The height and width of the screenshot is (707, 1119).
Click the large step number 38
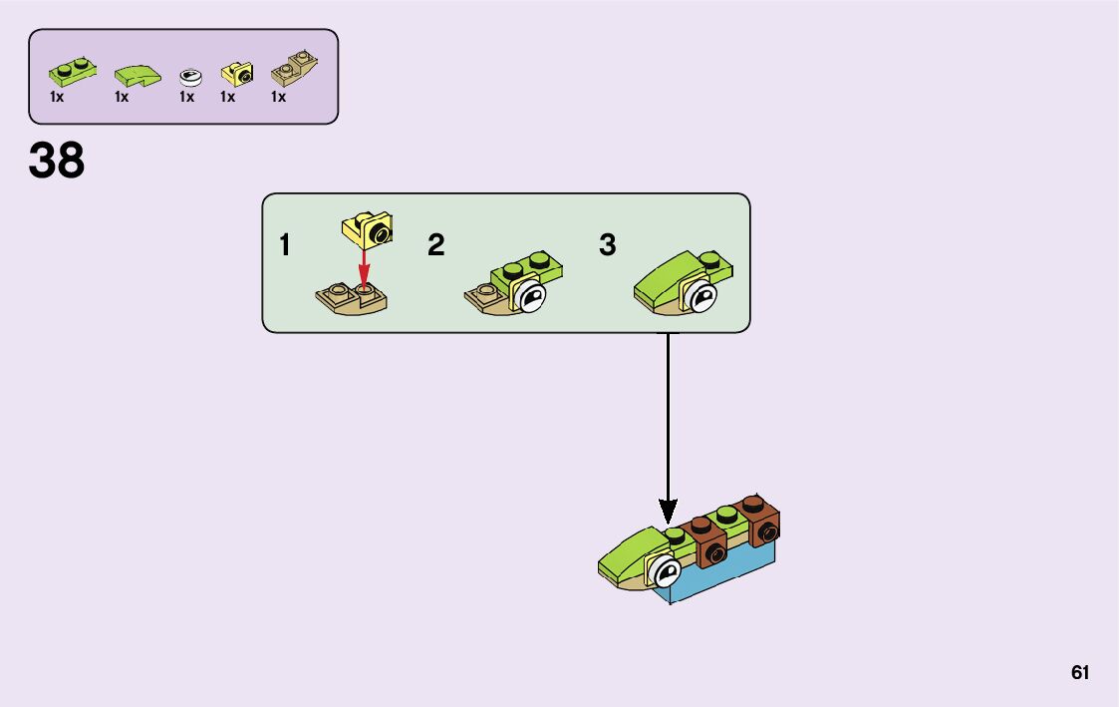point(57,161)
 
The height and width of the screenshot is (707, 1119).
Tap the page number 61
point(1080,672)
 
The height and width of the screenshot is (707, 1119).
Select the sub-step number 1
point(285,245)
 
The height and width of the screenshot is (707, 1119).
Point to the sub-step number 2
point(435,245)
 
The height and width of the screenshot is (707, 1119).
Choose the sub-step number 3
point(607,245)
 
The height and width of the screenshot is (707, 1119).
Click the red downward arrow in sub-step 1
point(365,267)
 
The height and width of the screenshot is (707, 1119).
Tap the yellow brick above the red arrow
point(367,229)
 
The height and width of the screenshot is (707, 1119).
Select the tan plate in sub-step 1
point(352,298)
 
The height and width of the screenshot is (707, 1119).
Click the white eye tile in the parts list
point(189,76)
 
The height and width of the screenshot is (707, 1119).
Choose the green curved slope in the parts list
point(137,75)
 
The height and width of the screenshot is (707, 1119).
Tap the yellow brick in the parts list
point(237,72)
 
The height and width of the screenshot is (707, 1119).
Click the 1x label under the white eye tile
point(186,98)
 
